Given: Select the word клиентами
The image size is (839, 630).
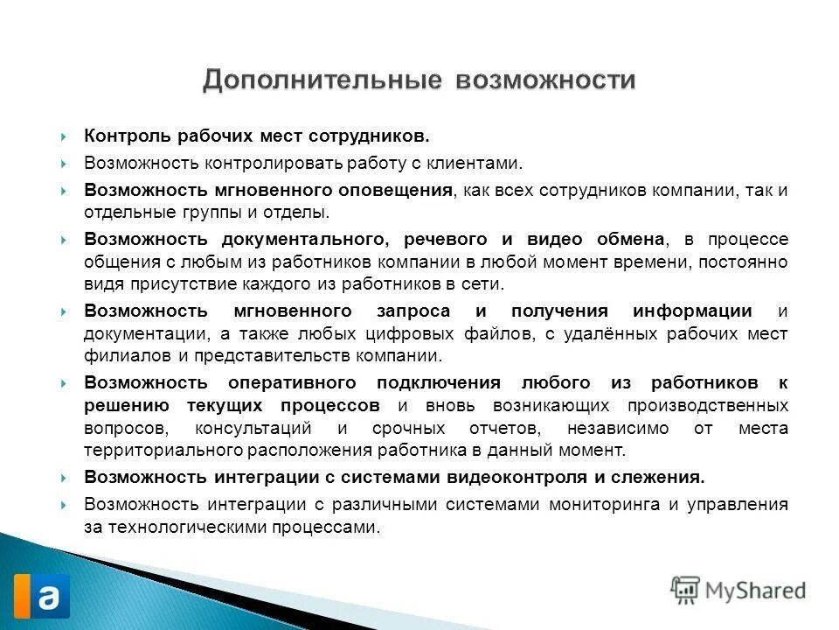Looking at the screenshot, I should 482,163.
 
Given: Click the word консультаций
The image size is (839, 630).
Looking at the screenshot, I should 254,428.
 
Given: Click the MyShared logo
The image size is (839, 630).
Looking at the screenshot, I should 738,591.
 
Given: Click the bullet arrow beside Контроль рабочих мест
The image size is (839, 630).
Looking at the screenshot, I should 66,137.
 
